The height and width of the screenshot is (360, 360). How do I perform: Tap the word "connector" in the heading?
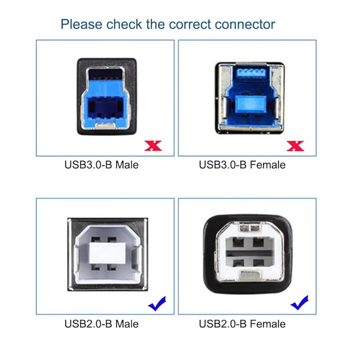[x=245, y=23]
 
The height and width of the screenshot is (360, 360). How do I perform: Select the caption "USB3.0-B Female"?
[x=242, y=165]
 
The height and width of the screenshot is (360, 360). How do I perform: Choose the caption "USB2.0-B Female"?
[x=242, y=324]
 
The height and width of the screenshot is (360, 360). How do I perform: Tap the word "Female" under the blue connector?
[x=269, y=165]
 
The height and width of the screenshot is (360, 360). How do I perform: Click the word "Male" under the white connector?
[x=127, y=324]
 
